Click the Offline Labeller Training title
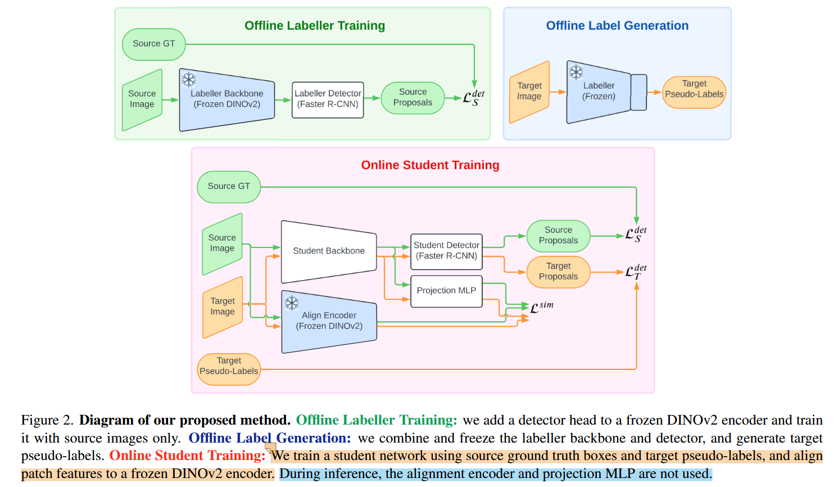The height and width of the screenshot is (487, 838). [x=315, y=26]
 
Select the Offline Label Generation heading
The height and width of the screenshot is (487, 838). [x=617, y=26]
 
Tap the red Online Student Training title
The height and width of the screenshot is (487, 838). [x=430, y=165]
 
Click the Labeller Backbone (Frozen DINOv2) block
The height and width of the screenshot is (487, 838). [x=227, y=100]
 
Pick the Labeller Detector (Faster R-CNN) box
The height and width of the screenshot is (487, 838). [x=328, y=100]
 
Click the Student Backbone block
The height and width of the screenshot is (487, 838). [x=329, y=251]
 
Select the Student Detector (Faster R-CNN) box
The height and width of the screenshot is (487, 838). [x=446, y=251]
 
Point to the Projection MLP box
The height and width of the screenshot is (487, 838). [x=446, y=291]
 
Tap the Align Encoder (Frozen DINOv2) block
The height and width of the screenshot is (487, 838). [x=329, y=321]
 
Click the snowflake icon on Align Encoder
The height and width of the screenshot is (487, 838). [x=292, y=304]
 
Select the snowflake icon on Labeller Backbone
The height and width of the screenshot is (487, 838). [x=189, y=80]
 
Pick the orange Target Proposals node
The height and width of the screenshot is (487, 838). [x=558, y=272]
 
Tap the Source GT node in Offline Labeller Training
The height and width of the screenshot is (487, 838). [x=153, y=44]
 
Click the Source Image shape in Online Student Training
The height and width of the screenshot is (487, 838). [x=222, y=243]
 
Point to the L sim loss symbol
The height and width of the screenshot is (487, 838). [x=541, y=307]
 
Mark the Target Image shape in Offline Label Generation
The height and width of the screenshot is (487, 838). [x=529, y=92]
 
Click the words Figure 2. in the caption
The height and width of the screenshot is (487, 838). [x=47, y=421]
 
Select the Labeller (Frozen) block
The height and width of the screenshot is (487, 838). [x=599, y=92]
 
